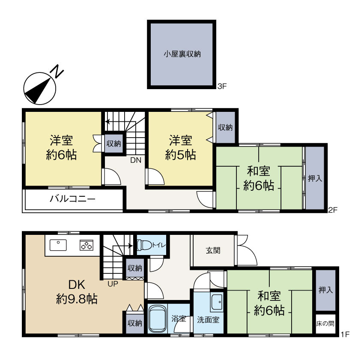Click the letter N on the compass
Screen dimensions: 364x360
coord(57,71)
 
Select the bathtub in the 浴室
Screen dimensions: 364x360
coord(158,319)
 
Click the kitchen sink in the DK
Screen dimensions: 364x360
coord(58,245)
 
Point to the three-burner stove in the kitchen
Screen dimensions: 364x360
coord(87,245)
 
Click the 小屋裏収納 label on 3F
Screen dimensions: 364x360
coord(182,54)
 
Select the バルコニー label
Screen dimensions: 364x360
coord(72,199)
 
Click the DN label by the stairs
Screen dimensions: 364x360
coord(136,160)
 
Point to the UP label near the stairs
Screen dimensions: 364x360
coord(113,284)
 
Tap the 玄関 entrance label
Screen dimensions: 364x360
coord(213,250)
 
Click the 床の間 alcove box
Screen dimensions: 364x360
coord(325,324)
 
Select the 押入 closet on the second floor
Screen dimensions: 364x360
coord(315,178)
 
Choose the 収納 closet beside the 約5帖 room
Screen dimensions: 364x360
coord(225,127)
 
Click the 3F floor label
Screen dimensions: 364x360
coord(222,87)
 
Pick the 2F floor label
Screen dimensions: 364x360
coord(332,210)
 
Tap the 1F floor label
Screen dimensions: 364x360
coord(345,334)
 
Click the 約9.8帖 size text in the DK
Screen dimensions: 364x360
coord(77,299)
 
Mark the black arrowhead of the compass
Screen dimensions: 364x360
coord(38,91)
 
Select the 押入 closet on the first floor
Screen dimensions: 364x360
coord(325,290)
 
